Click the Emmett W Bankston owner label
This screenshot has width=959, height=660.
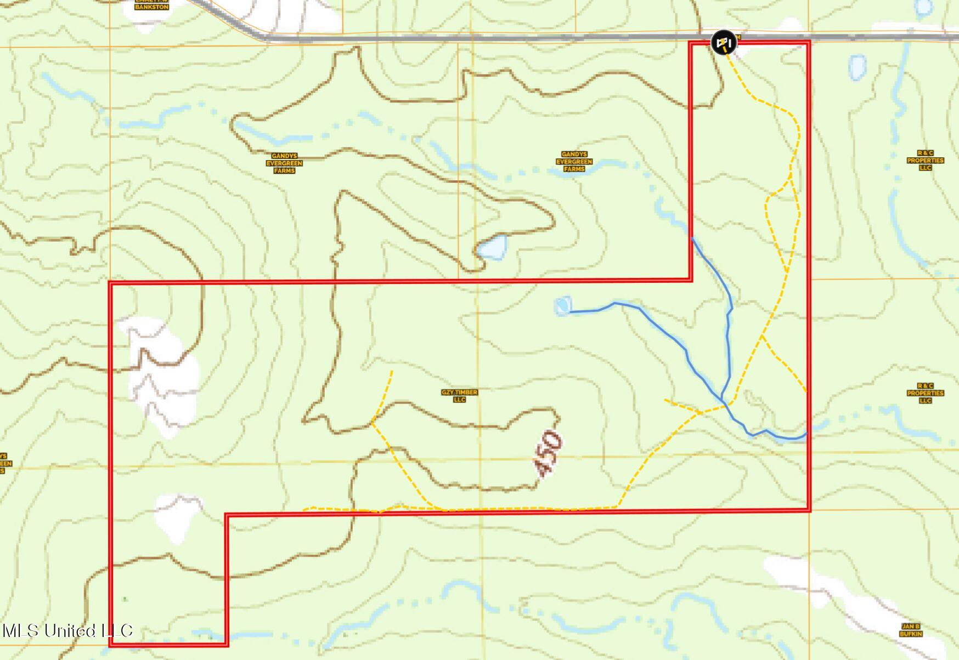pyautogui.click(x=151, y=4)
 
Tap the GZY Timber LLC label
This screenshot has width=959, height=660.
pyautogui.click(x=459, y=396)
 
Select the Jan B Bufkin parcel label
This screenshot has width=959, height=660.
pyautogui.click(x=911, y=630)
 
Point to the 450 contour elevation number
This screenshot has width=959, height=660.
pyautogui.click(x=548, y=453)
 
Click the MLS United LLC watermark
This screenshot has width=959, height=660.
pyautogui.click(x=67, y=630)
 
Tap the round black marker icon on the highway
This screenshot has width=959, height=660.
pyautogui.click(x=723, y=42)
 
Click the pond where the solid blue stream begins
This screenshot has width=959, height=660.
pyautogui.click(x=563, y=306)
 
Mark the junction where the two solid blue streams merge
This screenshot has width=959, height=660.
pyautogui.click(x=724, y=402)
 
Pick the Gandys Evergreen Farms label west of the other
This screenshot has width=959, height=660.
pyautogui.click(x=284, y=163)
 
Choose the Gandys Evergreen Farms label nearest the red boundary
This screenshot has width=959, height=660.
pyautogui.click(x=574, y=162)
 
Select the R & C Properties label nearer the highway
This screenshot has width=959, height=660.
pyautogui.click(x=925, y=161)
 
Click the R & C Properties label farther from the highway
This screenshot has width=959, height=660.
pyautogui.click(x=925, y=393)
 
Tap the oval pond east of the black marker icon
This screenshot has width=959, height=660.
pyautogui.click(x=857, y=67)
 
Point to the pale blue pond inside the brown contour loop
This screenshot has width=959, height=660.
pyautogui.click(x=492, y=247)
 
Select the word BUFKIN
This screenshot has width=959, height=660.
pyautogui.click(x=911, y=634)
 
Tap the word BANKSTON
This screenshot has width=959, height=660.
pyautogui.click(x=151, y=7)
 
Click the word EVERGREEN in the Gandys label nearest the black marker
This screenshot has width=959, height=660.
pyautogui.click(x=574, y=162)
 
